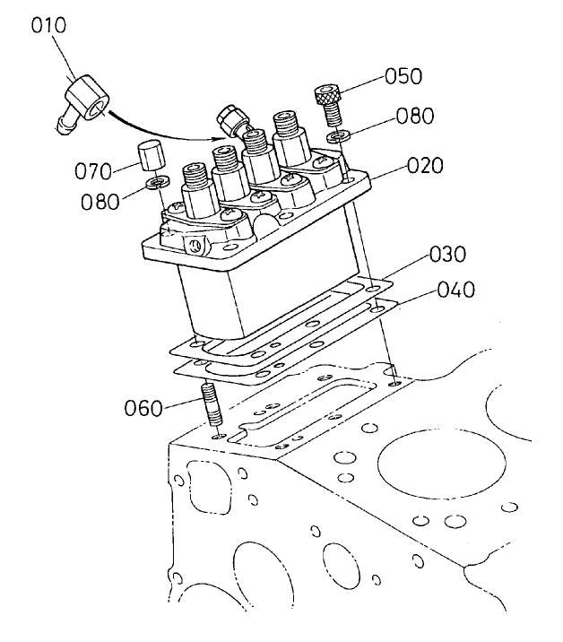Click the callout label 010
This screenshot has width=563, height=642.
[x=48, y=26]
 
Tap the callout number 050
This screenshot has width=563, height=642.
[x=403, y=75]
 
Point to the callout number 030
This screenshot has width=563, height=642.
[x=447, y=254]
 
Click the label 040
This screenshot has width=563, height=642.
[x=457, y=291]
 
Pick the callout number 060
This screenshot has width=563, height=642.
[x=144, y=409]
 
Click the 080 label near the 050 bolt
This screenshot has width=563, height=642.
[x=415, y=116]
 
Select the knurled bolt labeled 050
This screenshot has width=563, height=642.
[x=328, y=103]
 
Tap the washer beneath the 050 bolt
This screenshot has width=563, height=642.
[x=334, y=138]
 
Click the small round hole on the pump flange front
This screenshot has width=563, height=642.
[x=190, y=244]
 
